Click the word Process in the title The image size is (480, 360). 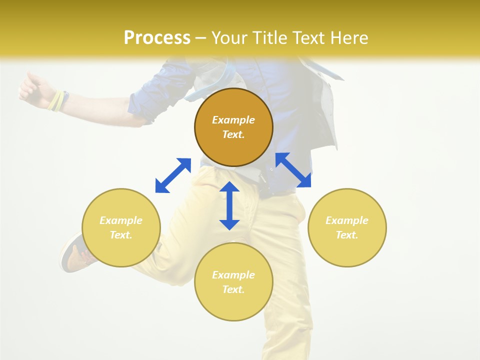point(157,38)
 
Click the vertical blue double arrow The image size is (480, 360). point(229,205)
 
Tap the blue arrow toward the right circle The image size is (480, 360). point(293,170)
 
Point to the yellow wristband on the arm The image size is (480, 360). point(57,100)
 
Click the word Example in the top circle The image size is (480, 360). point(233,120)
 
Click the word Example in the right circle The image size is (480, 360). point(347,220)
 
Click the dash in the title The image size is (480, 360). point(200,38)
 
